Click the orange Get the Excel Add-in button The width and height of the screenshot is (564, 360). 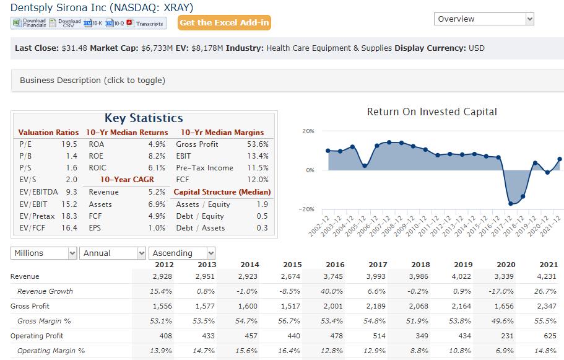click(x=225, y=23)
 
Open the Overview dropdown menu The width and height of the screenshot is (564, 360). click(x=484, y=19)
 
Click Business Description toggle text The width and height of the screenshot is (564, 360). click(x=92, y=80)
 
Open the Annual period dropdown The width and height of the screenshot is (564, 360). click(x=113, y=253)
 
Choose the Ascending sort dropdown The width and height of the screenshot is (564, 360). click(x=183, y=253)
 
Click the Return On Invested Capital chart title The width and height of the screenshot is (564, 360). click(x=432, y=112)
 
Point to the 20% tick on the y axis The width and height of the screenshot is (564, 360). click(x=308, y=131)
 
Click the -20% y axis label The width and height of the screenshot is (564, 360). click(x=307, y=209)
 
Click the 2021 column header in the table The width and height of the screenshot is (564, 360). click(x=548, y=265)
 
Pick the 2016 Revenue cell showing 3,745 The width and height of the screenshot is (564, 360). click(x=334, y=276)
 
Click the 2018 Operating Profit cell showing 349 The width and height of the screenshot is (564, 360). click(x=422, y=336)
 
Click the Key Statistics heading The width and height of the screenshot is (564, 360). click(x=144, y=118)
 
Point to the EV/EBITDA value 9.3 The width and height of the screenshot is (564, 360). click(x=71, y=192)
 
